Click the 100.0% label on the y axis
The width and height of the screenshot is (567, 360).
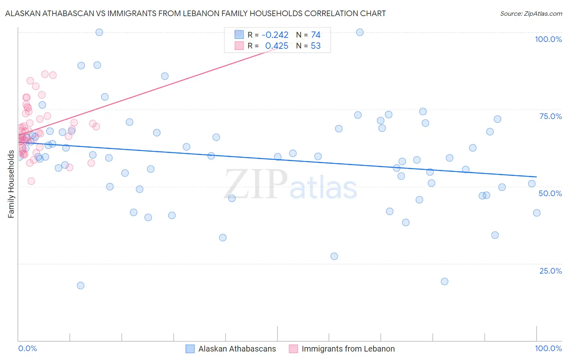pyautogui.click(x=548, y=39)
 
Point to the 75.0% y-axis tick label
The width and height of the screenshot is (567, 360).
pyautogui.click(x=550, y=116)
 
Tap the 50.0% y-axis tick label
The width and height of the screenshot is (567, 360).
pyautogui.click(x=550, y=193)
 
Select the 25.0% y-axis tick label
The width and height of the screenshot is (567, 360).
pyautogui.click(x=550, y=271)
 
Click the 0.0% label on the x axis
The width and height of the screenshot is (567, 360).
pyautogui.click(x=27, y=348)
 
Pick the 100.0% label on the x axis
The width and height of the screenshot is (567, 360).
pyautogui.click(x=548, y=348)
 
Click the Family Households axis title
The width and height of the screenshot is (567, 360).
pyautogui.click(x=11, y=184)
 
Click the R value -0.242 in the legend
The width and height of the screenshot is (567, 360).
pyautogui.click(x=275, y=35)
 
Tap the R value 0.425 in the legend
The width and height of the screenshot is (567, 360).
pyautogui.click(x=277, y=46)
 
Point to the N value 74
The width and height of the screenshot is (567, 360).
pyautogui.click(x=316, y=35)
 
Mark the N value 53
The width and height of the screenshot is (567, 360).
pyautogui.click(x=316, y=46)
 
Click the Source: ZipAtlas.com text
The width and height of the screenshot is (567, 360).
pyautogui.click(x=531, y=14)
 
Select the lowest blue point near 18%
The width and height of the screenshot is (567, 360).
pyautogui.click(x=81, y=285)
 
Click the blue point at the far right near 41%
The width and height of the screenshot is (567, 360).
pyautogui.click(x=537, y=213)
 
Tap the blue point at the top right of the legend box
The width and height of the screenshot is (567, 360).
pyautogui.click(x=360, y=32)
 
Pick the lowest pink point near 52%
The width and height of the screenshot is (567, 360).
pyautogui.click(x=31, y=181)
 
